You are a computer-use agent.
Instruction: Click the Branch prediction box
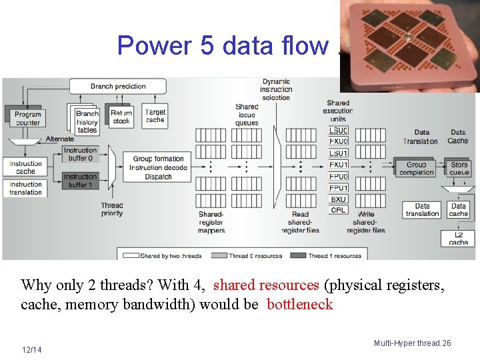(x=118, y=86)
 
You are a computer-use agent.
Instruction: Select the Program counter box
(x=27, y=119)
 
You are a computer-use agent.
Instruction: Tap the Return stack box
(x=121, y=117)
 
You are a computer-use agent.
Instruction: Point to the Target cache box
(x=155, y=116)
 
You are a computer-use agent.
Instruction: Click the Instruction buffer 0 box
(x=81, y=155)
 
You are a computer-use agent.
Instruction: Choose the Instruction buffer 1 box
(x=81, y=181)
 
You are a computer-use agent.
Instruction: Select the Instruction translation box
(x=26, y=189)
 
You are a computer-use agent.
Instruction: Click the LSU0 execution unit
(x=339, y=131)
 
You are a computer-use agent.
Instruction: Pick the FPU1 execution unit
(x=339, y=188)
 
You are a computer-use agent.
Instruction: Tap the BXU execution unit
(x=339, y=199)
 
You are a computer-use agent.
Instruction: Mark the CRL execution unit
(x=339, y=210)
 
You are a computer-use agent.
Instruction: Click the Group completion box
(x=416, y=169)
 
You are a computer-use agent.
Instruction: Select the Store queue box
(x=459, y=169)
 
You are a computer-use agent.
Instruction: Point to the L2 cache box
(x=458, y=238)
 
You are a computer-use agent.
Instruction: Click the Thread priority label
(x=112, y=210)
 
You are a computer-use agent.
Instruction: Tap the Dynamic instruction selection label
(x=276, y=89)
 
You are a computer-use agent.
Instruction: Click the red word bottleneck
(x=299, y=305)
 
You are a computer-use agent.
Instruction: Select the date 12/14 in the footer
(x=31, y=349)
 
